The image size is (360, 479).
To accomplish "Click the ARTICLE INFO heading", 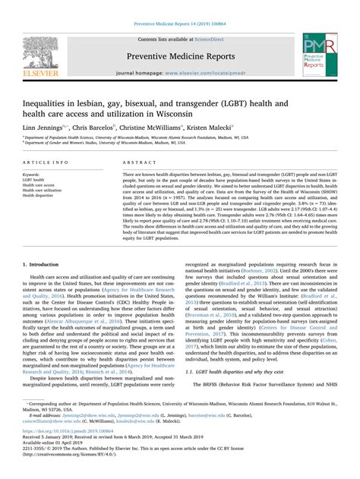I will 44,163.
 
